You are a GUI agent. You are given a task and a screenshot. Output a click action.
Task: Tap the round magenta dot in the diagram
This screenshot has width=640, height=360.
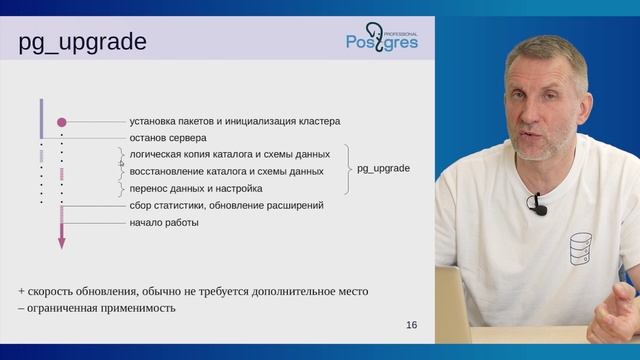click(61, 121)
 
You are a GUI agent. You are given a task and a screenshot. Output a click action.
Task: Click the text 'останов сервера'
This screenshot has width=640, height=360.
click(168, 138)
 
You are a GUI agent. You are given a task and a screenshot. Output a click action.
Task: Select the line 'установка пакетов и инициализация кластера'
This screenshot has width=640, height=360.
click(234, 121)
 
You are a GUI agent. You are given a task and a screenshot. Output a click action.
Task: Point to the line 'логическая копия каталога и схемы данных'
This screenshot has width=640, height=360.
click(229, 155)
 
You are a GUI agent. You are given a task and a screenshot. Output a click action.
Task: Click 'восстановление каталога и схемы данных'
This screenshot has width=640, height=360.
click(226, 171)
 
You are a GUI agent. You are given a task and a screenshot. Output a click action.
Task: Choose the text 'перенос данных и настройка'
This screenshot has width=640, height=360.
click(196, 188)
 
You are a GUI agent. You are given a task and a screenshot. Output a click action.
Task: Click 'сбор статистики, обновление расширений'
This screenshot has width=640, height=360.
click(226, 205)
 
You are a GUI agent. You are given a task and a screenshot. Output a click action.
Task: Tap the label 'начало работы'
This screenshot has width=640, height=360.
click(164, 222)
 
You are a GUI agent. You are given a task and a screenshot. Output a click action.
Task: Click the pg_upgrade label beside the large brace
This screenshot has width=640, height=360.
click(383, 169)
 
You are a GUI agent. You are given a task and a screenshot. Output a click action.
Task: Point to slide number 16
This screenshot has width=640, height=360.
click(412, 325)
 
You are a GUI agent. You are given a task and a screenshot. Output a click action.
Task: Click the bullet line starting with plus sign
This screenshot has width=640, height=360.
click(192, 291)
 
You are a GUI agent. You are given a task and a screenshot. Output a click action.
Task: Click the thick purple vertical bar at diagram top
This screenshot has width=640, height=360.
click(41, 117)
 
